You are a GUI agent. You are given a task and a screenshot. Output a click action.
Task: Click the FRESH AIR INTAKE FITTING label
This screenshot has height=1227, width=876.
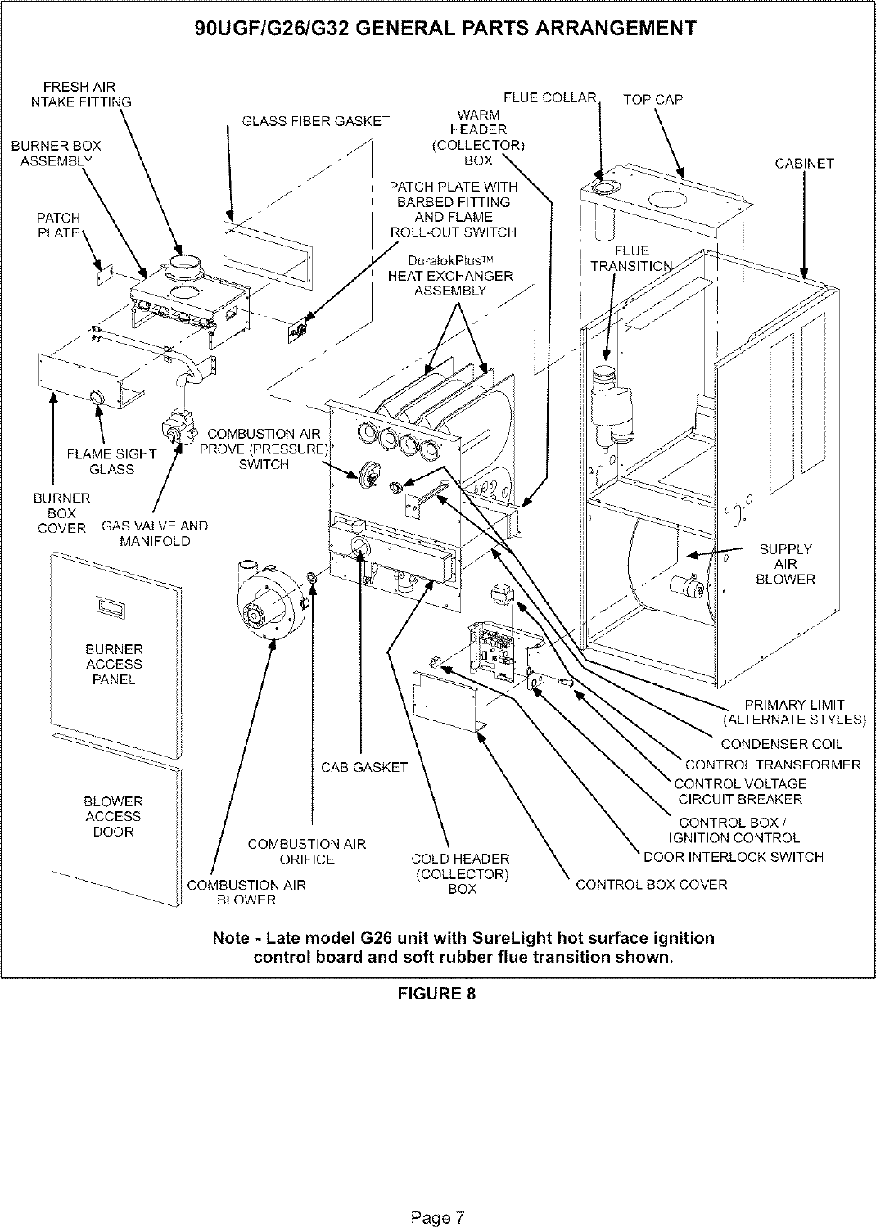79,94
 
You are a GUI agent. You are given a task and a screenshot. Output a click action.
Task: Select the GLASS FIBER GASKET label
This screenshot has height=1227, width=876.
315,122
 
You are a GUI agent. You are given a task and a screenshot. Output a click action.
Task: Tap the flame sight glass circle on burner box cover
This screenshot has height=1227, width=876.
97,398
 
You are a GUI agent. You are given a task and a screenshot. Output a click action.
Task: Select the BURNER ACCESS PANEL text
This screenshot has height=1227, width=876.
114,664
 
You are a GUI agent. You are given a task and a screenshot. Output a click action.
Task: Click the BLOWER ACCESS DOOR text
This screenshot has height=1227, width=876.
113,816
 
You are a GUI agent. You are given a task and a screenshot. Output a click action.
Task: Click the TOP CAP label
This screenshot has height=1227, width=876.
652,100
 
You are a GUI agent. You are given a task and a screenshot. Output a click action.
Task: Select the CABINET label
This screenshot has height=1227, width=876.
804,164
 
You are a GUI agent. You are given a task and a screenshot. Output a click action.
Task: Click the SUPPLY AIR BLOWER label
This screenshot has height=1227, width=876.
786,564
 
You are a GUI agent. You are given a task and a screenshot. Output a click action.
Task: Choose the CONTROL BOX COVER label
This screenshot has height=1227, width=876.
651,885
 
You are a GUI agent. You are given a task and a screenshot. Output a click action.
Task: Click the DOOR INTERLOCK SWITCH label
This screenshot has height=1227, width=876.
733,857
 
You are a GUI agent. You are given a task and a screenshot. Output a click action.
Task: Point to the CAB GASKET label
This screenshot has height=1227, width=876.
363,767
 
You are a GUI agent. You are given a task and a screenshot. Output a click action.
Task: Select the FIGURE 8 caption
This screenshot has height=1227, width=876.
436,994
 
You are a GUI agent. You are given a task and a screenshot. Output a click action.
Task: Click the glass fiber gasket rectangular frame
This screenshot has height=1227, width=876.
265,249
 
